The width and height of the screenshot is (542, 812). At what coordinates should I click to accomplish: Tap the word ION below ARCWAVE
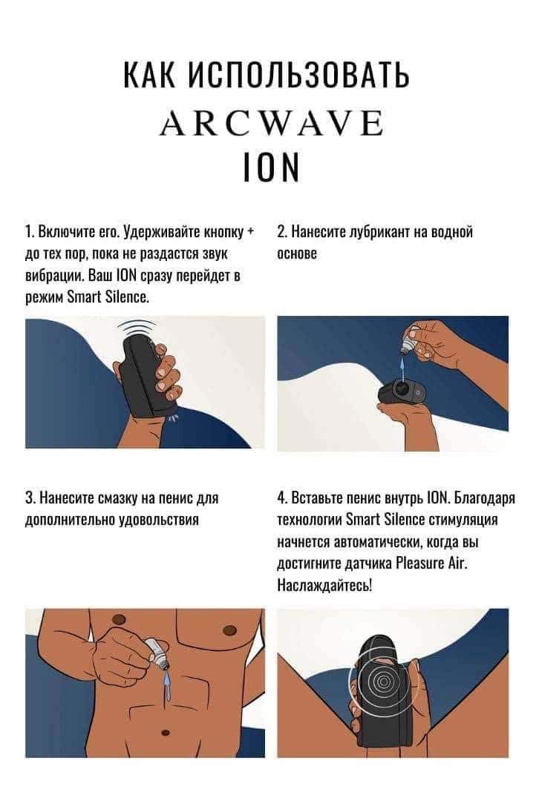tap(271, 167)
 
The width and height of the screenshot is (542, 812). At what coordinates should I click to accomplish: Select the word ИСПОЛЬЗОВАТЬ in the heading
tap(298, 75)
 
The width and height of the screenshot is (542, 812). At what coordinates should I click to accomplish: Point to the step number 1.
tap(28, 231)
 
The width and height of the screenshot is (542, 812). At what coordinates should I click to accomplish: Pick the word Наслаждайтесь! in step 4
tap(324, 585)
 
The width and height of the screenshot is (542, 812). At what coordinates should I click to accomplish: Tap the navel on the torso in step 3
tap(166, 733)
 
